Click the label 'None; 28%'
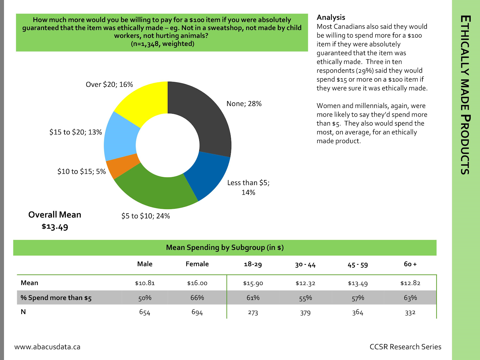coord(244,104)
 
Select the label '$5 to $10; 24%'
coord(145,216)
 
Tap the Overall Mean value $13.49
coord(55,226)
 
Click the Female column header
coord(197,264)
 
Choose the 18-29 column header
coord(253,264)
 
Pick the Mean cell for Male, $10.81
coord(145,283)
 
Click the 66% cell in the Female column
coord(197,298)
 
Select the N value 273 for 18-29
coord(253,313)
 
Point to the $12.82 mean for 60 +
coord(410,283)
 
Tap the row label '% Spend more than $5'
coord(56,298)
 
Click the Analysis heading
coord(331,17)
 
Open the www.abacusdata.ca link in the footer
coord(47,347)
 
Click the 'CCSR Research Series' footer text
coord(405,347)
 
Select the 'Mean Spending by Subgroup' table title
coord(225,247)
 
